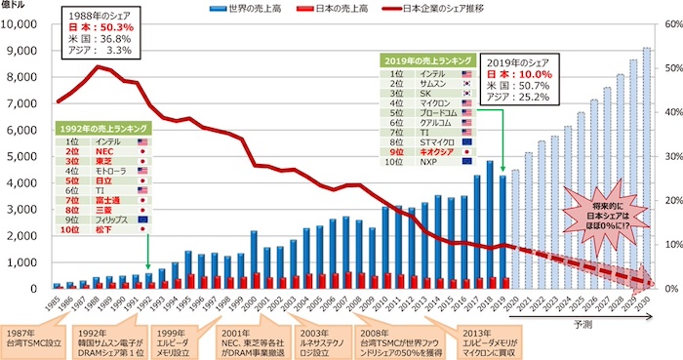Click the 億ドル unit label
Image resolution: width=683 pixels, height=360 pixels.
(15, 7)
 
